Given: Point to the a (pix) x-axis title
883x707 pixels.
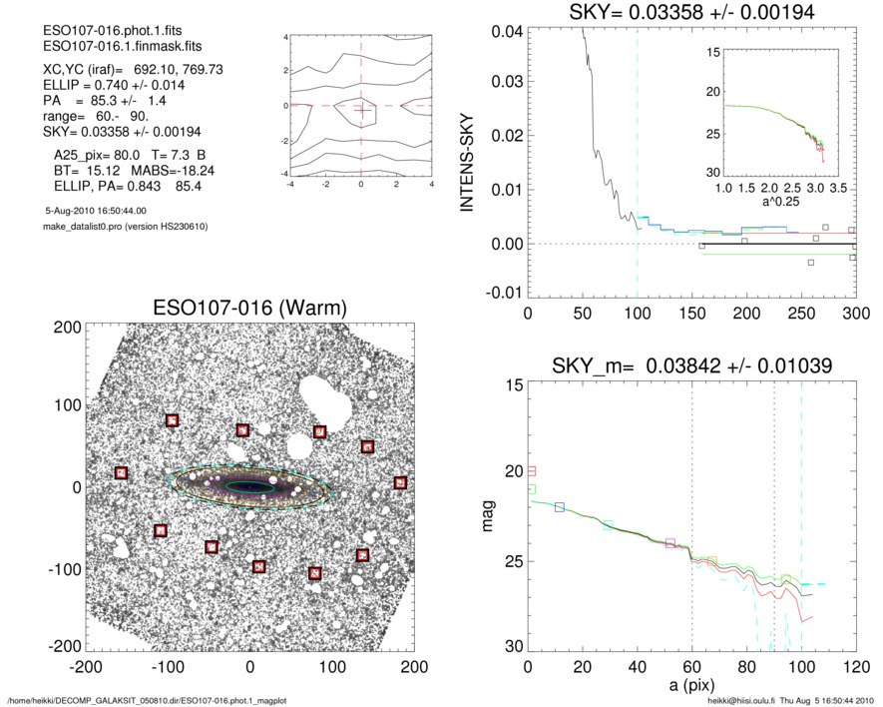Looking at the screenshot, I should click(691, 688).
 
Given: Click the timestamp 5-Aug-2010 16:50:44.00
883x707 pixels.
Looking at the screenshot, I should click(96, 211).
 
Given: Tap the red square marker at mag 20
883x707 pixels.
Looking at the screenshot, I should click(532, 470).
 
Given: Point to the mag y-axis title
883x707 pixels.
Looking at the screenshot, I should click(488, 518).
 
